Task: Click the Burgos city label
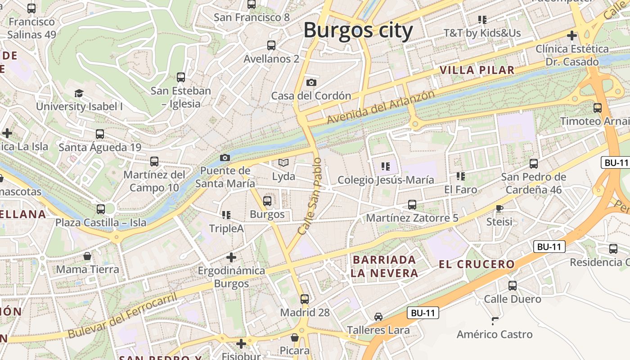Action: click(358, 31)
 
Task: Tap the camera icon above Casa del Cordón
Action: click(311, 82)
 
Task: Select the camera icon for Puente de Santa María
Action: click(225, 157)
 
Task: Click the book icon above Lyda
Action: click(283, 162)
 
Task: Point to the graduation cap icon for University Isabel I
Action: click(79, 93)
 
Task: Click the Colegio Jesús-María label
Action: click(386, 180)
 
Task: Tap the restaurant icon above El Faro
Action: click(460, 176)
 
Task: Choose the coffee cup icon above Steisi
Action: click(499, 208)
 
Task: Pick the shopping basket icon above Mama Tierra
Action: click(87, 256)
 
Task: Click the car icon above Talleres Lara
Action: click(378, 317)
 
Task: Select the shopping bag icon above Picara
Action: click(295, 337)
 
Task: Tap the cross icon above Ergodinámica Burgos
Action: click(231, 257)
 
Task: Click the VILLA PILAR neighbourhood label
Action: click(477, 70)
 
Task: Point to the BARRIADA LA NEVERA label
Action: click(385, 266)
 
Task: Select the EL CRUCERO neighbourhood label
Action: click(477, 264)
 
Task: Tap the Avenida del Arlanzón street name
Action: click(381, 107)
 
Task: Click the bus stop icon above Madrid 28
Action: click(305, 299)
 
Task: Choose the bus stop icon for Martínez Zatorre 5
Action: click(412, 205)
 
